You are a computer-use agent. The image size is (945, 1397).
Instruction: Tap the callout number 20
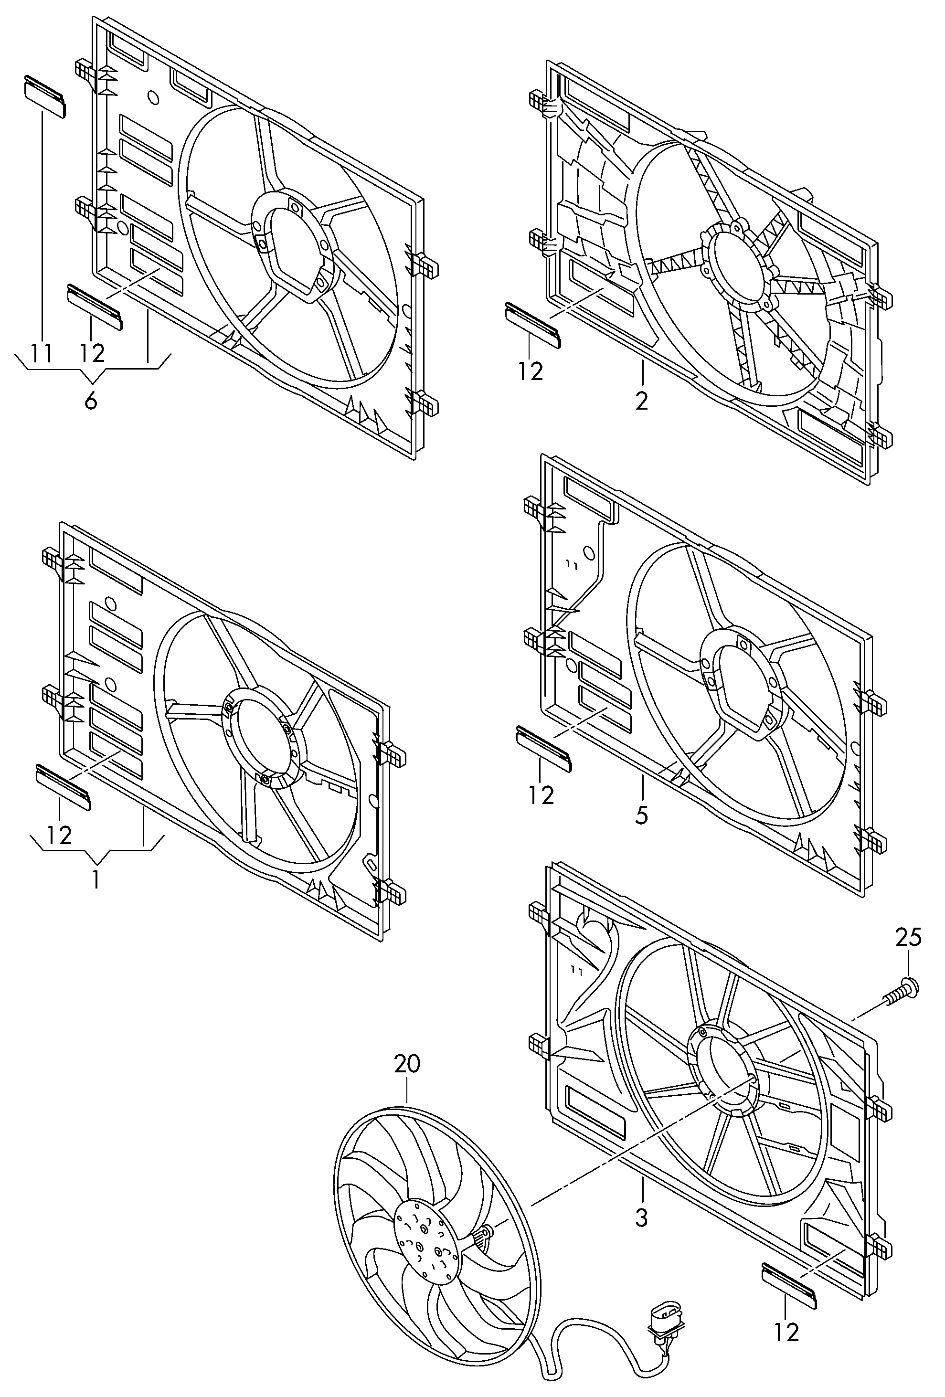[x=407, y=1064]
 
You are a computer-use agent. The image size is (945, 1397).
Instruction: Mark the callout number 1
[x=96, y=879]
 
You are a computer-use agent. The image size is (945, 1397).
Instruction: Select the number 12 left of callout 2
[x=530, y=371]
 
